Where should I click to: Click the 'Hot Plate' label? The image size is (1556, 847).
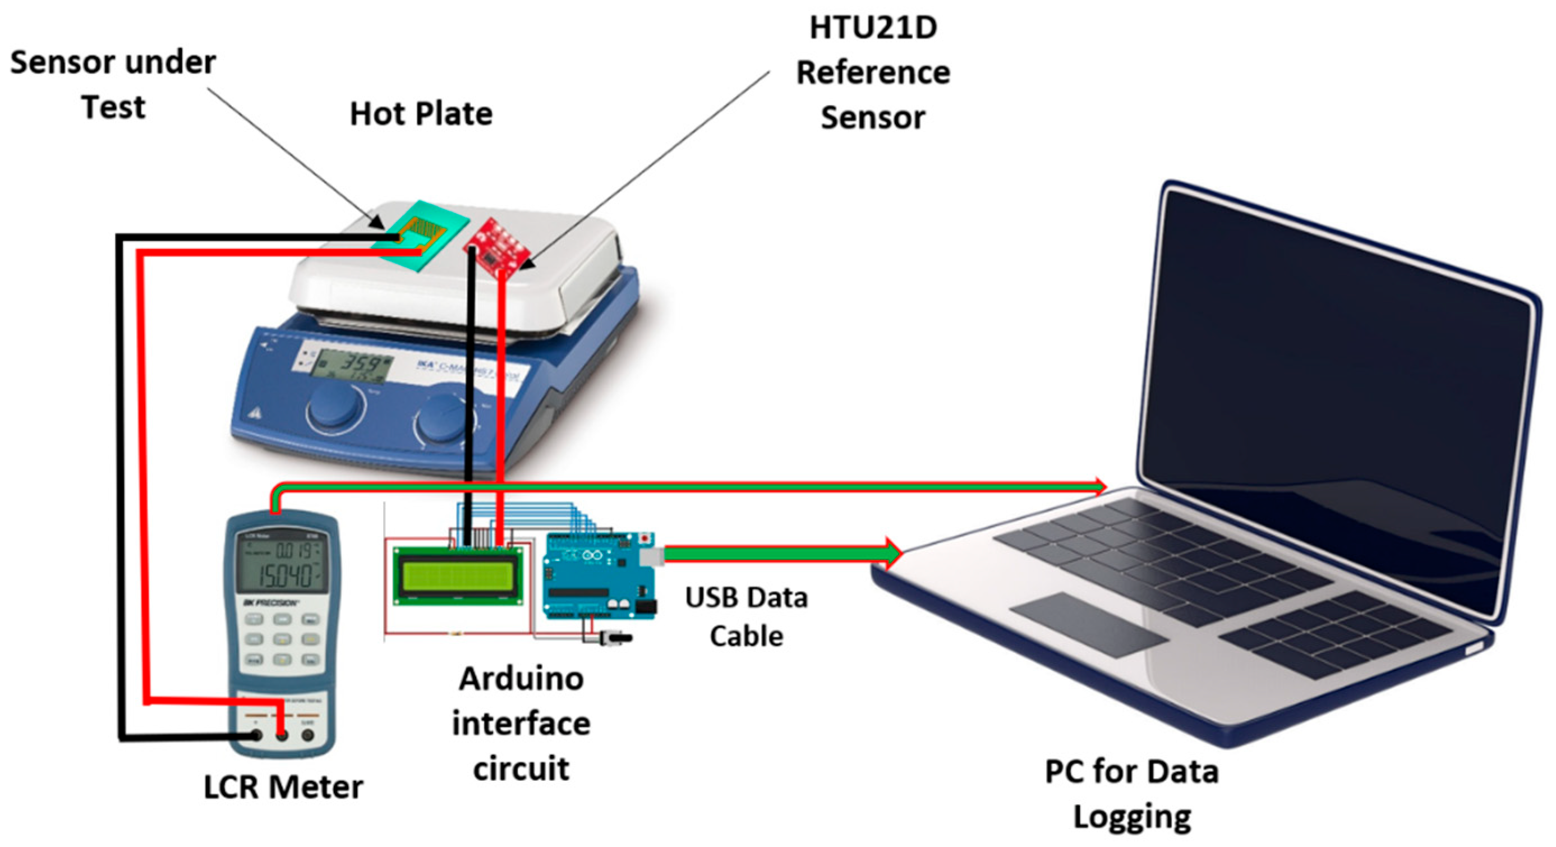click(x=421, y=113)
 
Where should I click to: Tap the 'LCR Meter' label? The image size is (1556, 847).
click(x=283, y=786)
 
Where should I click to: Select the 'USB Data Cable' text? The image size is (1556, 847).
click(x=746, y=616)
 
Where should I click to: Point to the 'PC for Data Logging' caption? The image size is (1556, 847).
click(x=1131, y=793)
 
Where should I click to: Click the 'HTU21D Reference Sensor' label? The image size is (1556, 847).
click(x=873, y=72)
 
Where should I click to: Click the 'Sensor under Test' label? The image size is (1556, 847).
click(x=113, y=85)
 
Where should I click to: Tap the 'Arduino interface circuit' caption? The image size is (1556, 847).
click(x=521, y=723)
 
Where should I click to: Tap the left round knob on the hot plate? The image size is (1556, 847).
click(x=335, y=407)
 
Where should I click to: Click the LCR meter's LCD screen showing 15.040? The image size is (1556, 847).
click(x=282, y=565)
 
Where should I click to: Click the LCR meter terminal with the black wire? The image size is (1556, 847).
click(x=256, y=735)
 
